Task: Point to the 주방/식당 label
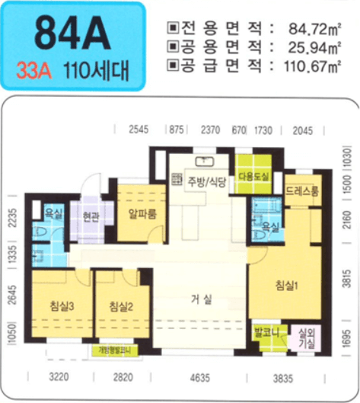(197, 181)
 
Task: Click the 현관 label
(91, 216)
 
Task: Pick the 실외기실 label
(308, 337)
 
